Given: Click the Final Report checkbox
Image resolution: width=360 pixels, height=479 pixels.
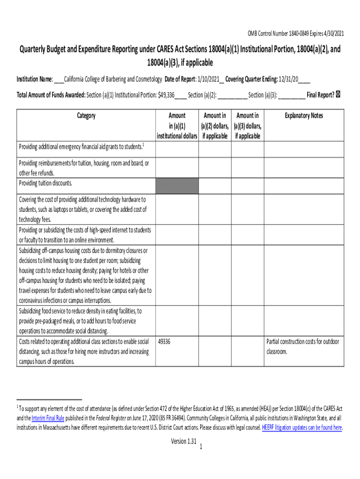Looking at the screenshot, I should [338, 94].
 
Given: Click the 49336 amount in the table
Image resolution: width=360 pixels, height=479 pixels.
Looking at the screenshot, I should [165, 342].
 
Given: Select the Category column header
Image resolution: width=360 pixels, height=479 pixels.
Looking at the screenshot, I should [86, 116].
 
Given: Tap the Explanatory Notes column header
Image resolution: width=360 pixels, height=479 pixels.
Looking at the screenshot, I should [304, 116].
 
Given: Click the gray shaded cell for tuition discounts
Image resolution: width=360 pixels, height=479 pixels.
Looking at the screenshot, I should [177, 186].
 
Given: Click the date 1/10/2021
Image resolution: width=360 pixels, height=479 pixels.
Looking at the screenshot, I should [208, 79].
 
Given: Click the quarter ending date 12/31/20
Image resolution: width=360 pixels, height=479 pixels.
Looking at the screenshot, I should [288, 79].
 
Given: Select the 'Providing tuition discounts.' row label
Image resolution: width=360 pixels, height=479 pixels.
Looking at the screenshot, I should [45, 183].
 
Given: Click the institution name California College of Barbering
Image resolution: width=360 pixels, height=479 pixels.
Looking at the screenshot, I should [113, 79].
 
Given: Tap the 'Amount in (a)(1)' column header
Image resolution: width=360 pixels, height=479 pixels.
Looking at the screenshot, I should [177, 125].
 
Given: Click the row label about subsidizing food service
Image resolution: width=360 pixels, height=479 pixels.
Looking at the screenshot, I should [80, 321].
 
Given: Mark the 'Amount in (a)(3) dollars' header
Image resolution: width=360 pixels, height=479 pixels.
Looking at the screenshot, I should [247, 125].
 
